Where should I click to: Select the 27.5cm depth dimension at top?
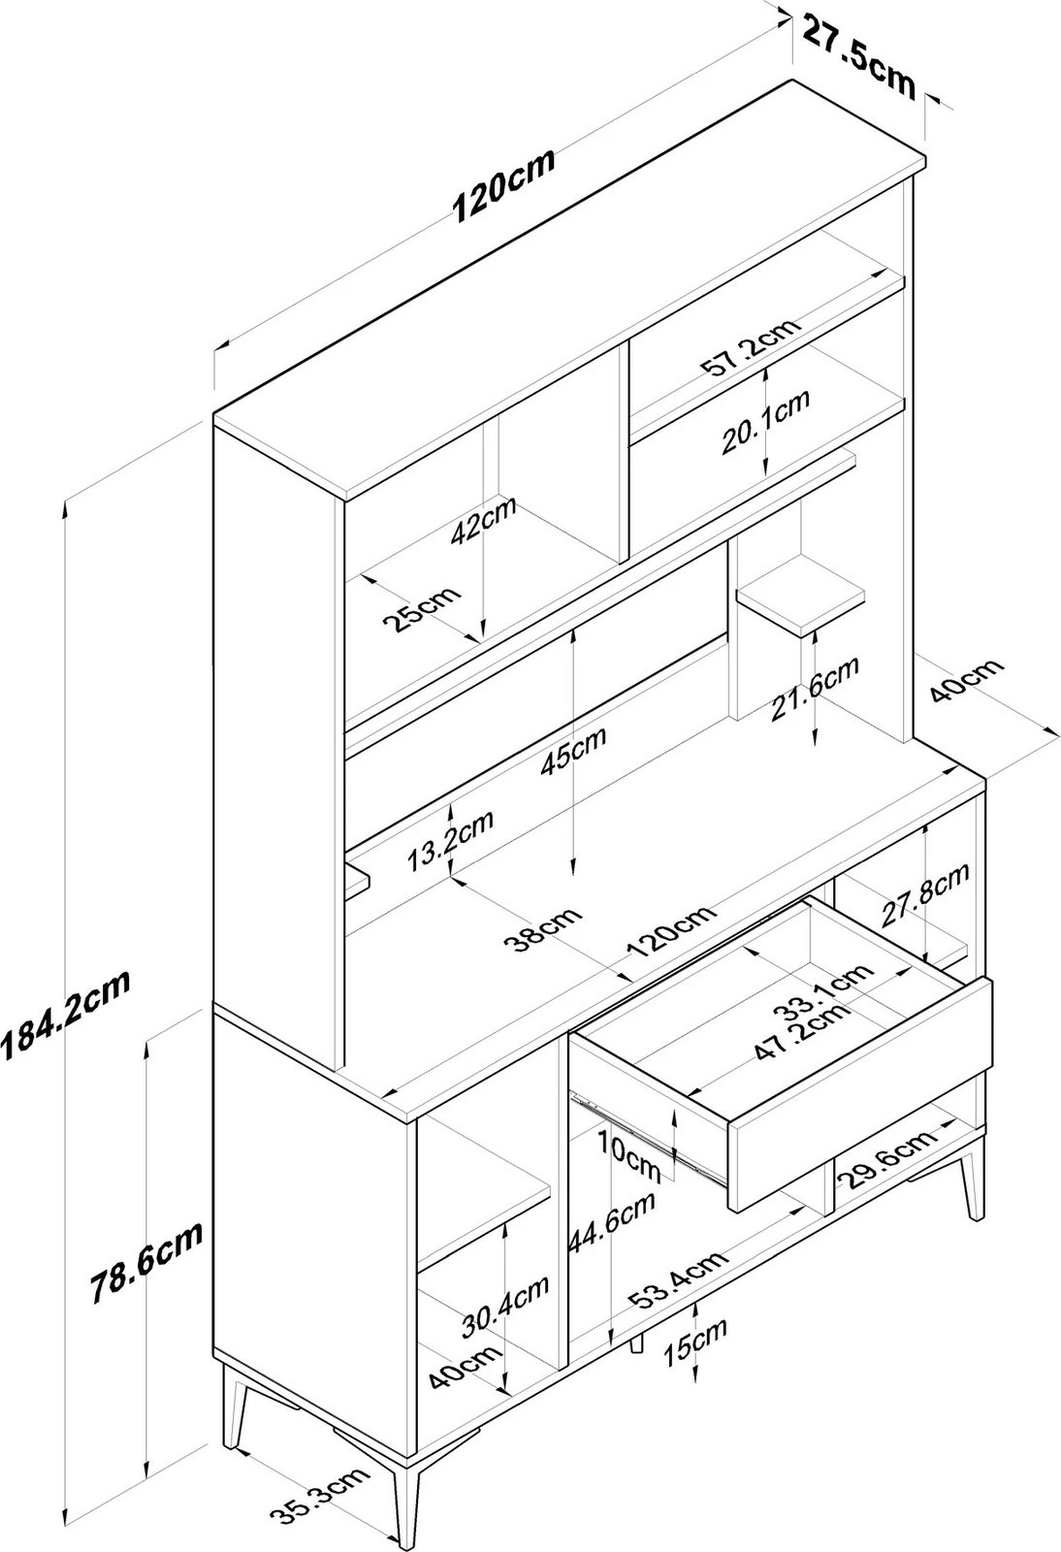click(858, 56)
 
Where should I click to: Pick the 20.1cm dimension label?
click(765, 424)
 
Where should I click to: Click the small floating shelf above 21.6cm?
click(800, 596)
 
